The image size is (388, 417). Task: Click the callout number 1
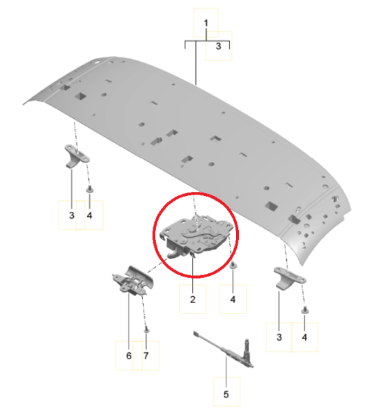205,23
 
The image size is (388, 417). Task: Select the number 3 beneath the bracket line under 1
218,47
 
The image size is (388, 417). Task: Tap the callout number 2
193,300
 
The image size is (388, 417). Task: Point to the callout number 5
226,394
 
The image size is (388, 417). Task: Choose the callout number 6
129,356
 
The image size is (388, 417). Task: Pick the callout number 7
146,356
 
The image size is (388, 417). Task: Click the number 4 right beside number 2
233,300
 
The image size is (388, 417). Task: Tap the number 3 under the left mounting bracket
72,215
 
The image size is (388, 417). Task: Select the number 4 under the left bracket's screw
90,215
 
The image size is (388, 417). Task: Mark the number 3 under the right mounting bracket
279,337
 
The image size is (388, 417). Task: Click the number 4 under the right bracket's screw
304,337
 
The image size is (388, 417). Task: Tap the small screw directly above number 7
146,330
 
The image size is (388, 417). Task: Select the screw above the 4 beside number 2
233,265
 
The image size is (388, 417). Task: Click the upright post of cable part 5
247,350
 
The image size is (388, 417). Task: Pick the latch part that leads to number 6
132,281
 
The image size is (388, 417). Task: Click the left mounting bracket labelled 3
77,156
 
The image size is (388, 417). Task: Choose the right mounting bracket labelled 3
289,277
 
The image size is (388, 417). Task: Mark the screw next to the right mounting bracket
305,310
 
